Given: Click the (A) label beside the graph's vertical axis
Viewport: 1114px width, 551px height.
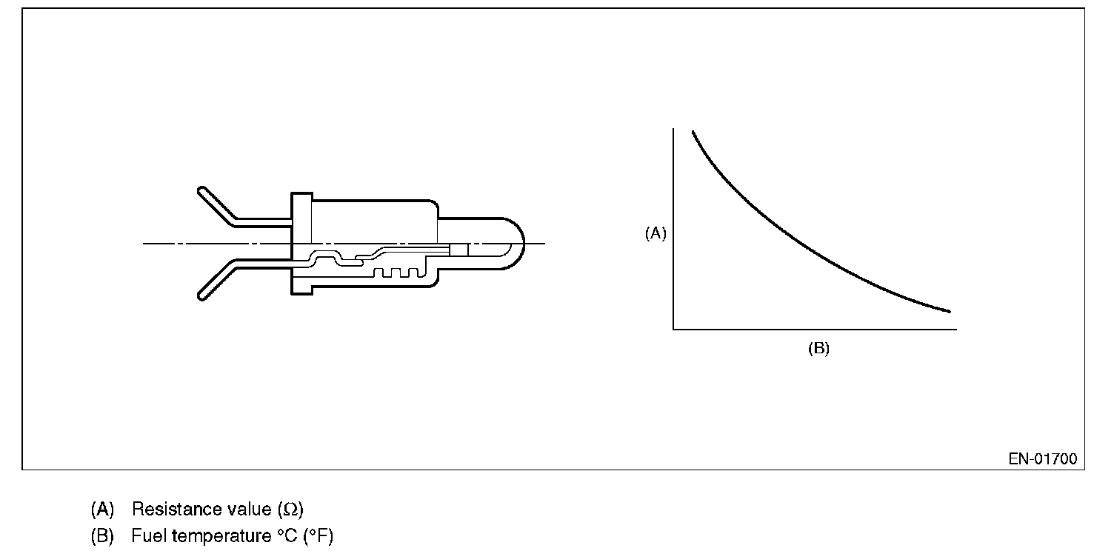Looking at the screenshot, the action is pos(656,233).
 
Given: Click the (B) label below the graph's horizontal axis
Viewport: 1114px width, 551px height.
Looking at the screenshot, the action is pos(818,348).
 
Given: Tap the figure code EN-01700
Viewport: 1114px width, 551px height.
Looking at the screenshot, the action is pos(1042,458).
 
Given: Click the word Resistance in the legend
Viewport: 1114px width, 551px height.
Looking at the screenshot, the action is pos(176,509).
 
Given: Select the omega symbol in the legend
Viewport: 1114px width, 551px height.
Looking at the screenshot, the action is pos(290,510).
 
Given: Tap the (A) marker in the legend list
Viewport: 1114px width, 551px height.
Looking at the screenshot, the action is pos(102,510).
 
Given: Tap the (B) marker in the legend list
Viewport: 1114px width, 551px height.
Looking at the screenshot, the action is pos(102,536).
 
